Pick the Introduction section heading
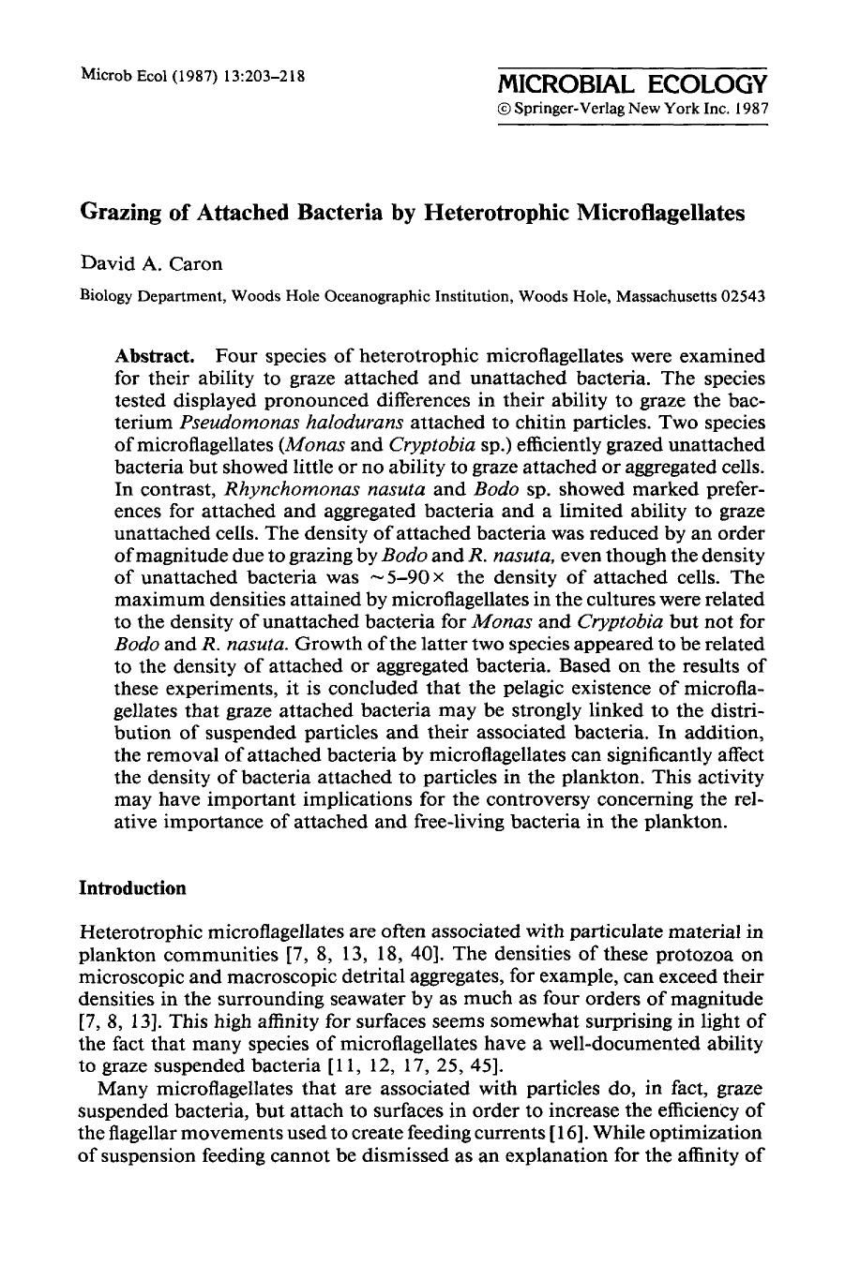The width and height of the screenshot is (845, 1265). (x=133, y=888)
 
